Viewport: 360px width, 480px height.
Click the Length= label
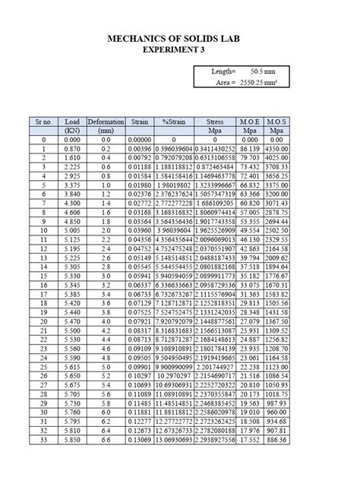[224, 71]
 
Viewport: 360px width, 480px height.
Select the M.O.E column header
[249, 122]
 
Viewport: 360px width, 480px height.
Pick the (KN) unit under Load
[72, 131]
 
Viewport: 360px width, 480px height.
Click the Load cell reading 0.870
[72, 150]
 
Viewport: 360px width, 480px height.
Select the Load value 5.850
[72, 440]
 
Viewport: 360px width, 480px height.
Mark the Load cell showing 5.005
[72, 231]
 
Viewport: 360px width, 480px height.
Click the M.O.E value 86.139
[249, 150]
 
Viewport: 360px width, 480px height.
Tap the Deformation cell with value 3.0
[106, 276]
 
